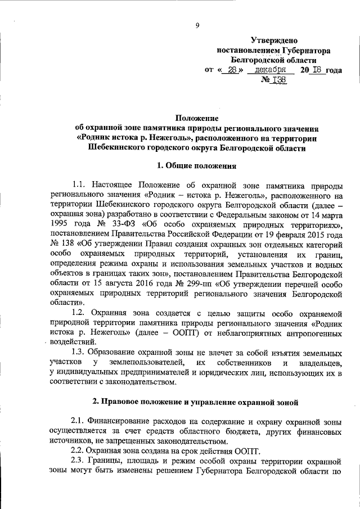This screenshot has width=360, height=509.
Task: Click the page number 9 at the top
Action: click(x=197, y=25)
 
